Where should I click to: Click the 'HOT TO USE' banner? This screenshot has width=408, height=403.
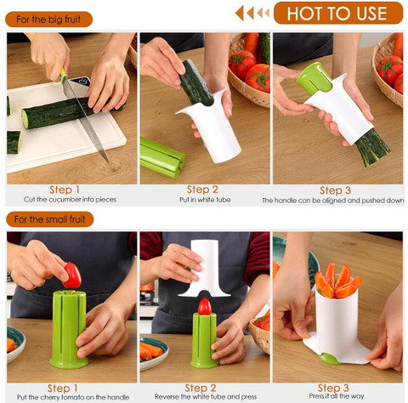click(338, 13)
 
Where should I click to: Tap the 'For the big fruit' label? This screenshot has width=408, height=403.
click(48, 20)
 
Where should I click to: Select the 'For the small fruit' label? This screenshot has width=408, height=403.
click(49, 219)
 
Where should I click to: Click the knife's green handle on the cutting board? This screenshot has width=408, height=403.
click(63, 75)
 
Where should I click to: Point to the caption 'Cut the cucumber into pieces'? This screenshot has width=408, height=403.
click(70, 200)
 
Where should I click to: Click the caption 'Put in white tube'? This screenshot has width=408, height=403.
click(205, 200)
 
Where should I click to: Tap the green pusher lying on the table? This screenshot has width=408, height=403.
click(161, 157)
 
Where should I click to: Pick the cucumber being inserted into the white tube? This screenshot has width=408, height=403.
click(196, 83)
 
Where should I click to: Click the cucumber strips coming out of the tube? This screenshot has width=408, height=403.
click(372, 147)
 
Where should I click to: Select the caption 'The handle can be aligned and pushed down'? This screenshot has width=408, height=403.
click(333, 201)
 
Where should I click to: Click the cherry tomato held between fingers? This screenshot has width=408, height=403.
click(72, 275)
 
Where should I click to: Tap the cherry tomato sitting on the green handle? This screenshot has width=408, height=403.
click(205, 307)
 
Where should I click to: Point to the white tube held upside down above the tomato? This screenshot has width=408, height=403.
click(206, 268)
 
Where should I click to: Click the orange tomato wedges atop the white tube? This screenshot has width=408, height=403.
click(337, 281)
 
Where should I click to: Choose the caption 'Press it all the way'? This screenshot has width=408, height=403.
click(337, 396)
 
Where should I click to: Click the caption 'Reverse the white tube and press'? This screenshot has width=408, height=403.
click(206, 396)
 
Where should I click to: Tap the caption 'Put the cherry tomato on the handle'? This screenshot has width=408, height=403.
click(73, 397)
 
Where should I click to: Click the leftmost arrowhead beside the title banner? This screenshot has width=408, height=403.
click(240, 13)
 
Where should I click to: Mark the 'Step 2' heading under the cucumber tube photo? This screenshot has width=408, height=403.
click(202, 190)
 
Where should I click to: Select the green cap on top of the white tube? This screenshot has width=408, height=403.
click(314, 77)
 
